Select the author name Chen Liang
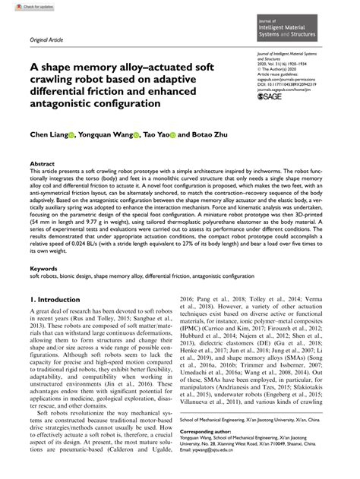[x=48, y=137]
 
